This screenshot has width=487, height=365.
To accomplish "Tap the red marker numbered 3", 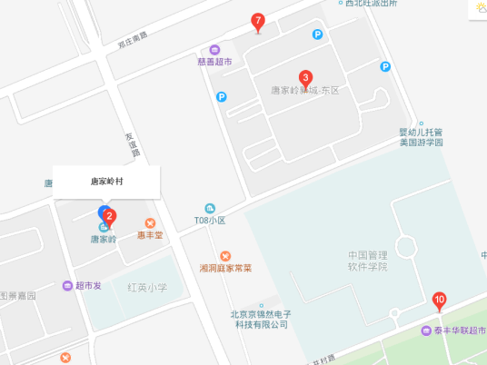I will [x=306, y=78].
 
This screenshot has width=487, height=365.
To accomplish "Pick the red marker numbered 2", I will [x=109, y=217].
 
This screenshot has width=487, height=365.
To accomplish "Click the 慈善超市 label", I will [x=214, y=62].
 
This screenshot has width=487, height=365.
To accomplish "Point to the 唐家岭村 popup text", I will [x=106, y=182].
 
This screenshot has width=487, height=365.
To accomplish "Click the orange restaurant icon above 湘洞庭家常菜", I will [x=225, y=255].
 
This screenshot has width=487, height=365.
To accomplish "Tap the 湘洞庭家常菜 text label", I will [x=225, y=269].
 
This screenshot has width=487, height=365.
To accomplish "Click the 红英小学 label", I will [x=147, y=288].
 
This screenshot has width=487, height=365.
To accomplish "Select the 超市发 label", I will [x=88, y=286].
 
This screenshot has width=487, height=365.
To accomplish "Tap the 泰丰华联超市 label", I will [x=460, y=330].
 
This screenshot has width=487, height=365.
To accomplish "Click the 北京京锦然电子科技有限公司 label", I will [x=261, y=318].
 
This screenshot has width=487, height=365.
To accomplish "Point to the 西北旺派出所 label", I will [x=372, y=4].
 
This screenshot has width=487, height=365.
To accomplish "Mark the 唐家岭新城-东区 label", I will [x=305, y=92].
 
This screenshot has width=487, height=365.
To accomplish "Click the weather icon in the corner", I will [x=478, y=8].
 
